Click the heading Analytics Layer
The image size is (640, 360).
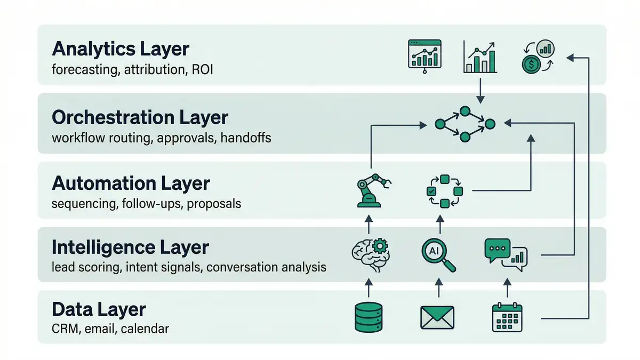[x=121, y=49]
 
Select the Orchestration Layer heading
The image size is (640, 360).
[x=140, y=117]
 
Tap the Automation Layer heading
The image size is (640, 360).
[x=131, y=183]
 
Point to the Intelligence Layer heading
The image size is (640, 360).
[x=131, y=247]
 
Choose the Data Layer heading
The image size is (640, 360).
[x=99, y=309]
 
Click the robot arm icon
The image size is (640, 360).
[x=370, y=190]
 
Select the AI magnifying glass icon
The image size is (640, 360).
[x=439, y=254]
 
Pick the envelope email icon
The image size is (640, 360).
[x=437, y=317]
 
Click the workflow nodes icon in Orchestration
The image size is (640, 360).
[x=464, y=124]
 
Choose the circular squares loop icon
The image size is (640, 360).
[x=444, y=190]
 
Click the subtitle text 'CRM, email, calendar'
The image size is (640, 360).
[x=110, y=329]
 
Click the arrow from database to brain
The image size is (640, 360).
[x=369, y=288]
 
